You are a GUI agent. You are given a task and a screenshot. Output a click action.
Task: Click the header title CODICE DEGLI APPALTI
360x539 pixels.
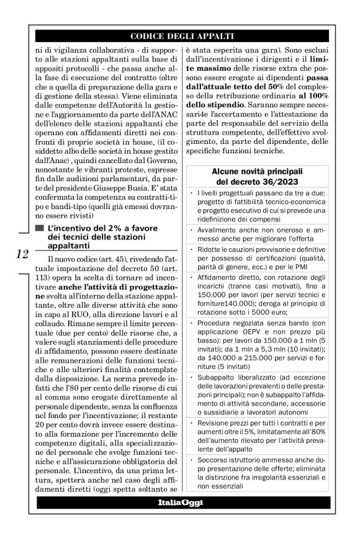(183, 35)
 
